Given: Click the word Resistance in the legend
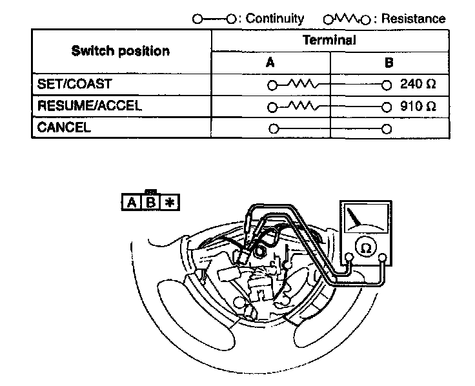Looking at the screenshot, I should (413, 19).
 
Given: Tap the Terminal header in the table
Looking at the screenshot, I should (329, 40).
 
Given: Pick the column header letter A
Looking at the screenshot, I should (270, 63).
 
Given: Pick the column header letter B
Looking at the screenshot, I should (388, 63).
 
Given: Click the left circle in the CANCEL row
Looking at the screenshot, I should (274, 128).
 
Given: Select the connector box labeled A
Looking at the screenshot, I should (131, 203).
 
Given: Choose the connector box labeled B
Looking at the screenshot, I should (150, 203).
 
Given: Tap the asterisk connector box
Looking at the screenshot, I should (170, 203).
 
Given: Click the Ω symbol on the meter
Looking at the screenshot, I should (365, 247).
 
